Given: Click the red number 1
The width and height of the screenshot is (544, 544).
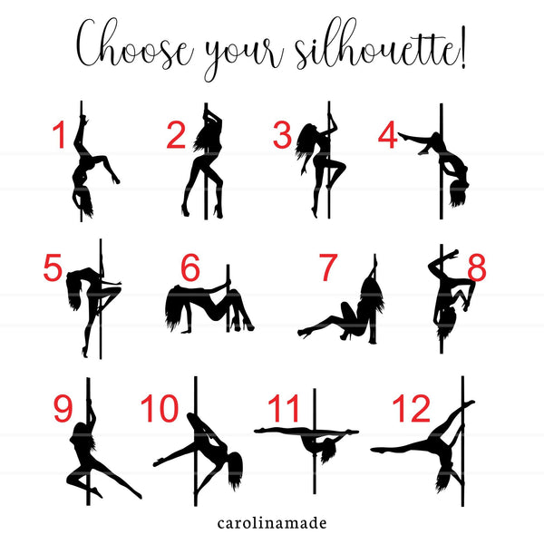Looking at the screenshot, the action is click(x=59, y=134).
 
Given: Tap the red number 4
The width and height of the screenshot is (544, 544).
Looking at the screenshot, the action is click(x=387, y=134).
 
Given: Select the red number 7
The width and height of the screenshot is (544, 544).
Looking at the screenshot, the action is click(x=328, y=267).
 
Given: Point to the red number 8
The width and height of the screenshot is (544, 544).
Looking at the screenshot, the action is click(x=477, y=267).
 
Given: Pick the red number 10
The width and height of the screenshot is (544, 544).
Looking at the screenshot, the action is click(x=160, y=408).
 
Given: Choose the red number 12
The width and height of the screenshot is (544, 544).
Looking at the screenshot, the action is click(x=411, y=408).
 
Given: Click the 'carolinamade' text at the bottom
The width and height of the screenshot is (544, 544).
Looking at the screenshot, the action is click(x=272, y=523).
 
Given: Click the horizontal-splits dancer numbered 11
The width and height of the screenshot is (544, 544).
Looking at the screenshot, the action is click(x=306, y=442).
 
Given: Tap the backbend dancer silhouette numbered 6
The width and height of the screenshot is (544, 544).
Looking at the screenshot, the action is click(x=209, y=306).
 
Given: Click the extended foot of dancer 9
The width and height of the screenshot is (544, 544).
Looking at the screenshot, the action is click(x=138, y=495).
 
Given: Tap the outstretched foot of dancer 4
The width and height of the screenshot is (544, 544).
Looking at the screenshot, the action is click(x=403, y=135).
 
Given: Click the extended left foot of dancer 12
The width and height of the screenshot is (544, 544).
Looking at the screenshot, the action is click(x=376, y=450).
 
